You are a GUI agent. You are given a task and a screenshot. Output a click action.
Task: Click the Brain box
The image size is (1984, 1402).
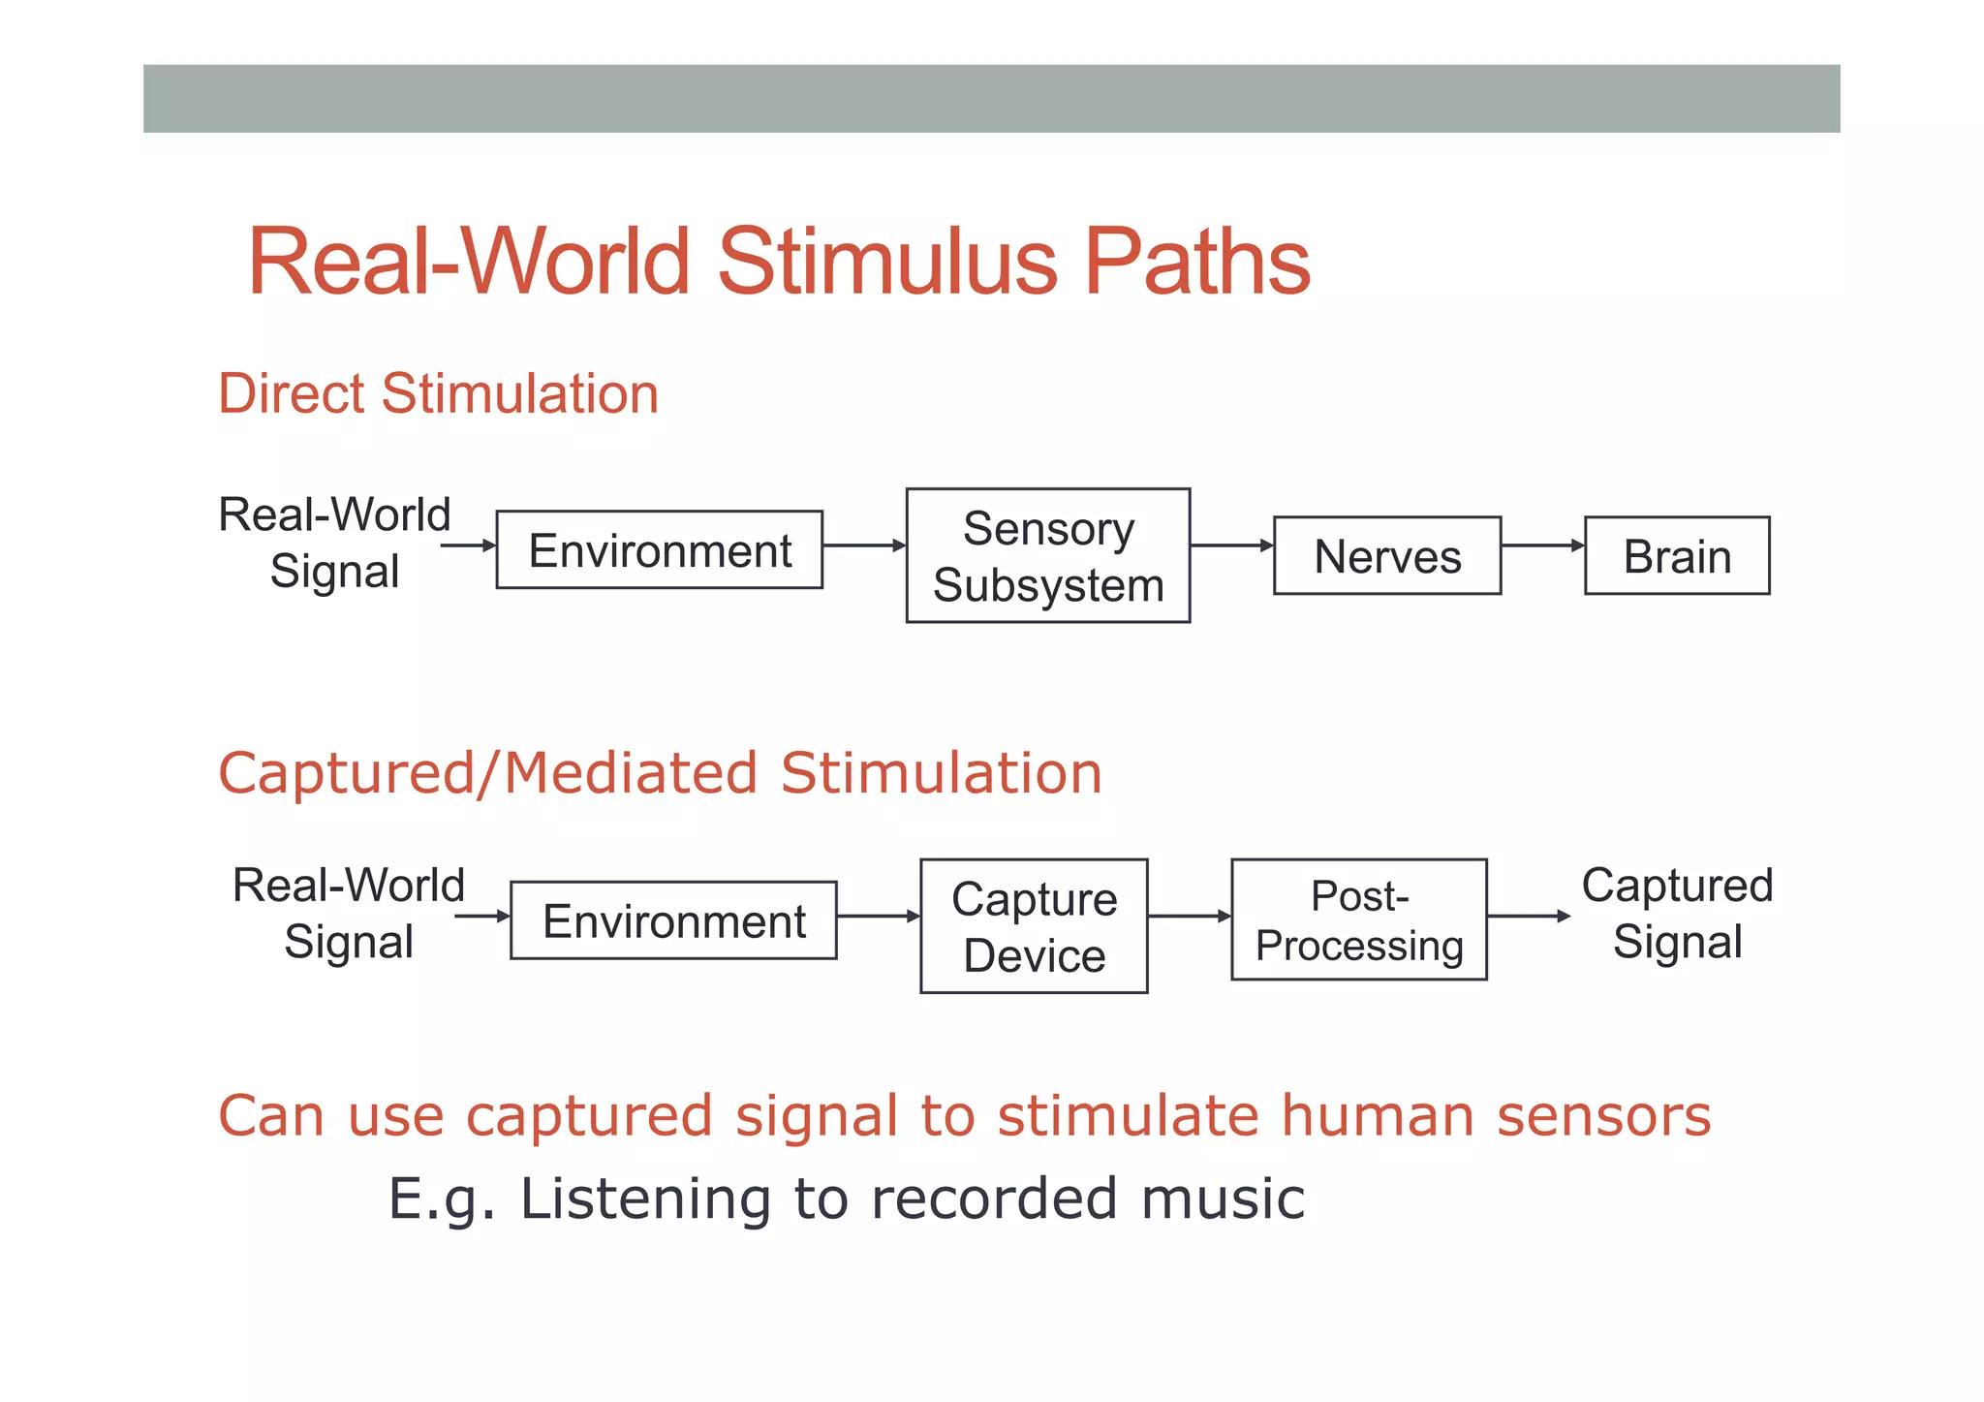(1676, 555)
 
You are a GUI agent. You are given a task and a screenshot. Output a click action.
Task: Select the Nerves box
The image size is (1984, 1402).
(1386, 555)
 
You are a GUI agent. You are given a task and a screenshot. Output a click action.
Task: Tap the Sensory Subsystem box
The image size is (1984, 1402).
(1047, 555)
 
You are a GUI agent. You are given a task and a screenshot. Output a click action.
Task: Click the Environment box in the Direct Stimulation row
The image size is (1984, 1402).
(659, 549)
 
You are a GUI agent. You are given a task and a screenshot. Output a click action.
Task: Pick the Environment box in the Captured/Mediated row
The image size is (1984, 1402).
(673, 920)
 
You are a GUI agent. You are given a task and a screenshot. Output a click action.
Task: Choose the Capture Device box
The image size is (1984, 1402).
(1034, 926)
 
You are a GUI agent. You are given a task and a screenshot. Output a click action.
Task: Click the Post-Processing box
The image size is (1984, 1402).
(1358, 919)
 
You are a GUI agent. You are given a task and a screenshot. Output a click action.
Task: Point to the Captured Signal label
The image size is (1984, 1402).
(1677, 913)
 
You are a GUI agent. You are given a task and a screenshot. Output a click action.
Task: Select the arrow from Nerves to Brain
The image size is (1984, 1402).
(1542, 545)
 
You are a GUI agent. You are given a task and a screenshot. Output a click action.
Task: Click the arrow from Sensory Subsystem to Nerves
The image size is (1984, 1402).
(1231, 545)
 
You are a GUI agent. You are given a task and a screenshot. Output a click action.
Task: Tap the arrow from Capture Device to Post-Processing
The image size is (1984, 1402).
(1189, 916)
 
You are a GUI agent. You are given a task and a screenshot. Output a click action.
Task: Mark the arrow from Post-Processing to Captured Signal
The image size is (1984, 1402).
(1528, 916)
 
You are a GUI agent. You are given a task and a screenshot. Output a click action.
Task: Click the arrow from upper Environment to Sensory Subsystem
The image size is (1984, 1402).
(863, 545)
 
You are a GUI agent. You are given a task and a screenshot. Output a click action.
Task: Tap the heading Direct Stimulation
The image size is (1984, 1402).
(438, 393)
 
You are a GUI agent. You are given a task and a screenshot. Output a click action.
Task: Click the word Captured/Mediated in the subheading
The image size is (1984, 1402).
(488, 773)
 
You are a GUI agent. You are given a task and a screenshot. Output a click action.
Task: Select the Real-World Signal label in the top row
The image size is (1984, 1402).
(334, 543)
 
